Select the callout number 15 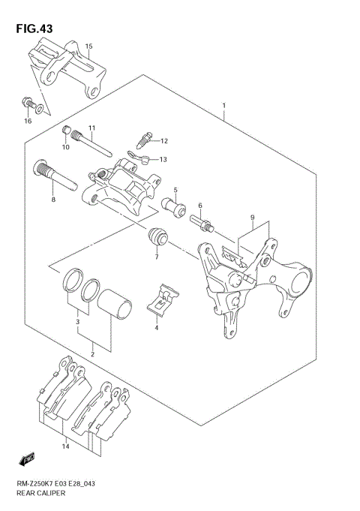click(88, 47)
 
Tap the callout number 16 click(28, 120)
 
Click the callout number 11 click(91, 128)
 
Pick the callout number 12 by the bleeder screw click(163, 140)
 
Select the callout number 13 click(163, 159)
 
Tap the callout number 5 click(175, 190)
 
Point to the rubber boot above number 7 click(156, 237)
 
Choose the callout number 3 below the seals click(76, 322)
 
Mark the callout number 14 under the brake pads click(65, 447)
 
